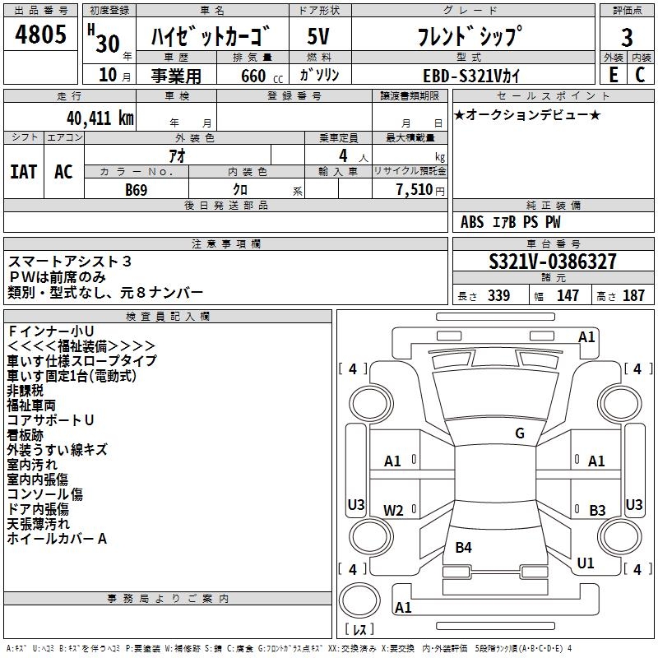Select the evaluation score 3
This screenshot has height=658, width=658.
[627, 37]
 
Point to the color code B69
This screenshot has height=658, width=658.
[137, 188]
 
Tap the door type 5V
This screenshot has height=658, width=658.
[319, 37]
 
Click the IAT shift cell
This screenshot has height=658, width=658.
[24, 172]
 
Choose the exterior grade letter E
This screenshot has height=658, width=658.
[613, 75]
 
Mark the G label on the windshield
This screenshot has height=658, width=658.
[519, 433]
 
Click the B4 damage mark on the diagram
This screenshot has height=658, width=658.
[464, 547]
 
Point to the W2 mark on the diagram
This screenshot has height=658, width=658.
[394, 510]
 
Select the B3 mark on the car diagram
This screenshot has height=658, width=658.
[597, 510]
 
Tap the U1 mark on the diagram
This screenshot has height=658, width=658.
[586, 563]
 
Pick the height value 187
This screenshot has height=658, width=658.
[633, 296]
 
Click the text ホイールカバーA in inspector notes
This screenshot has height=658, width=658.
[57, 540]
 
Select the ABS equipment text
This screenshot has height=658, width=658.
[472, 222]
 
